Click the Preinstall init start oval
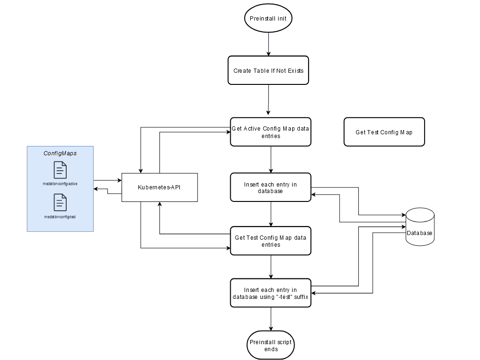click(x=268, y=19)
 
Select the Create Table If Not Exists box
click(x=268, y=71)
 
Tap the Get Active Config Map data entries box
click(x=271, y=132)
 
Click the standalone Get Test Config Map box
click(x=384, y=132)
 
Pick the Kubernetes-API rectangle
click(x=159, y=187)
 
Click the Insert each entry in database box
click(x=271, y=187)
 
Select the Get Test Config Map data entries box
click(x=271, y=241)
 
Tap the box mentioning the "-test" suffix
click(x=271, y=293)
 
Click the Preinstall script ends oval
click(x=271, y=346)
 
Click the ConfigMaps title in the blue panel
click(x=60, y=153)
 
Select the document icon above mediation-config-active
click(x=60, y=170)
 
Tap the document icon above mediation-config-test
click(x=60, y=202)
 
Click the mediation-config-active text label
click(x=60, y=184)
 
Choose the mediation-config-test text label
click(x=60, y=217)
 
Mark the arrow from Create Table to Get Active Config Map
click(x=268, y=100)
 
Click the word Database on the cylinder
click(x=419, y=233)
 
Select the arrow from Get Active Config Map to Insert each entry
click(x=271, y=159)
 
